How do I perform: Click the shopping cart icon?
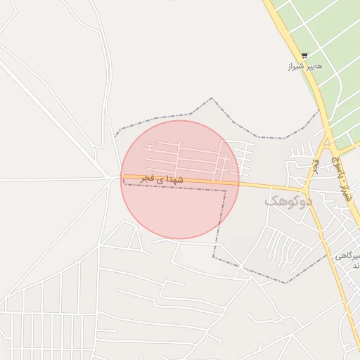point(304,56)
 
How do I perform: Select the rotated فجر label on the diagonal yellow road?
point(316,164)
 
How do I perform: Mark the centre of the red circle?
point(180,179)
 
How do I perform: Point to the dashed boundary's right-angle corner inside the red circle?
point(225,190)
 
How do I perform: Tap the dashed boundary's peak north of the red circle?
point(212,98)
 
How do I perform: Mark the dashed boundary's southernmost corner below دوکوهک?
point(287,283)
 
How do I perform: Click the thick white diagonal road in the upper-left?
point(42,91)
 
